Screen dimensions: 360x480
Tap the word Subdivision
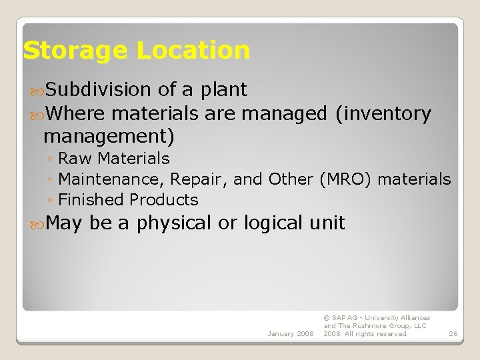click(100, 89)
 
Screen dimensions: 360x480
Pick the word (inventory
click(383, 114)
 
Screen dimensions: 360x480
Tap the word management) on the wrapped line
click(109, 137)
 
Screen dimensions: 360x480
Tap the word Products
click(164, 200)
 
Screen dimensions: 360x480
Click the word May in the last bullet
click(64, 223)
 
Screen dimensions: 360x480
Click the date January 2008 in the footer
click(290, 333)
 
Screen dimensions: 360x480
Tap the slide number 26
click(453, 333)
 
